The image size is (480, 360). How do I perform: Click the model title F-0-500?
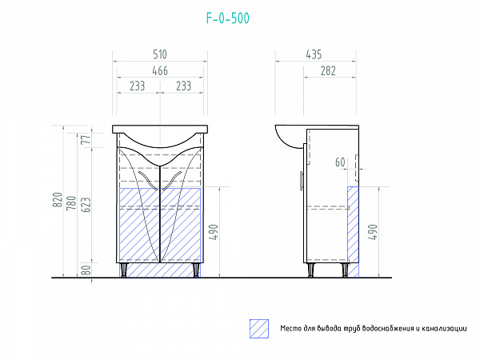click(x=228, y=18)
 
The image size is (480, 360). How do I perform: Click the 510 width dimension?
click(x=160, y=54)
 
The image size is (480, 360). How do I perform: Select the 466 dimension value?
click(x=160, y=71)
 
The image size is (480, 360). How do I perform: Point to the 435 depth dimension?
click(x=314, y=54)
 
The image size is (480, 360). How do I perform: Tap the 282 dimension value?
click(x=328, y=71)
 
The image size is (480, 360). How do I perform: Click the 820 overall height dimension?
click(x=58, y=200)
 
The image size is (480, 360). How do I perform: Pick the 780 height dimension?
click(x=71, y=202)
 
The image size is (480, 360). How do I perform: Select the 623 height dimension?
click(x=86, y=205)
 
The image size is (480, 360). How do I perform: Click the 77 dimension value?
click(x=87, y=139)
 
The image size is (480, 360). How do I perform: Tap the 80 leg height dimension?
click(x=87, y=270)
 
